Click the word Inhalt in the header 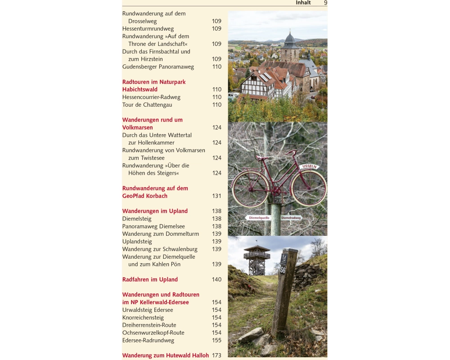(x=303, y=3)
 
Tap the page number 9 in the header (x=325, y=3)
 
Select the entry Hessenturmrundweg (x=148, y=29)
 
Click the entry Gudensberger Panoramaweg (x=158, y=67)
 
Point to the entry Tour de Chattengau (x=147, y=105)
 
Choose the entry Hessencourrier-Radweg (x=151, y=97)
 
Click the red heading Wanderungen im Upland (x=155, y=211)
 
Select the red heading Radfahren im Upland (x=150, y=279)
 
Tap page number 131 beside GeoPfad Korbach (x=216, y=196)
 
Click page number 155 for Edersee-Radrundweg (x=216, y=340)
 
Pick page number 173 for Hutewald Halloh (x=216, y=355)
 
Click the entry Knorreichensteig (x=143, y=318)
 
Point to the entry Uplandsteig (x=137, y=242)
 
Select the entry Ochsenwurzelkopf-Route (x=153, y=333)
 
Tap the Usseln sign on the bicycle (x=310, y=166)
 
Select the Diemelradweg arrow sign (x=292, y=218)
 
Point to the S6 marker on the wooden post (x=283, y=270)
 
